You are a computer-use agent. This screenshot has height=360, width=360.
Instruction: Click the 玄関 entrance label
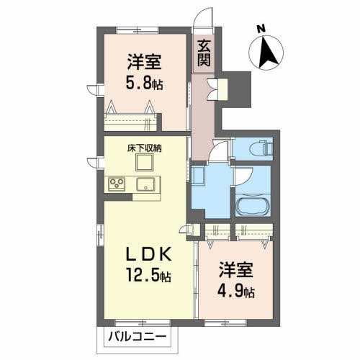204,53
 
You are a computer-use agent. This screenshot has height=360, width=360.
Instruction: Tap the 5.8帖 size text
145,84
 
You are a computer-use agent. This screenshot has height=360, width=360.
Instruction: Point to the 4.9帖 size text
236,291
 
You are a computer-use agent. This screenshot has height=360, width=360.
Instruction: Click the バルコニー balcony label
137,337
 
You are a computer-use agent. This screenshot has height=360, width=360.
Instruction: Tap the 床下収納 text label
144,148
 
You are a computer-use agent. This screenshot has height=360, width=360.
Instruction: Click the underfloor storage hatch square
144,162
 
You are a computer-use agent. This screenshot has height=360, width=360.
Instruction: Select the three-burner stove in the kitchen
117,184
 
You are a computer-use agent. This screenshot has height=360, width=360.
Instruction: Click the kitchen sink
145,184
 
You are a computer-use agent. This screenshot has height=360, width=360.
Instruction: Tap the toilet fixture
261,148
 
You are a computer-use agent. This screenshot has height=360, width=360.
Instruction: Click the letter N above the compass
261,29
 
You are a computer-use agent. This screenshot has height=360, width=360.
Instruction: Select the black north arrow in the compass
267,52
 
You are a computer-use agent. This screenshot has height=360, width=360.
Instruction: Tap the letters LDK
149,254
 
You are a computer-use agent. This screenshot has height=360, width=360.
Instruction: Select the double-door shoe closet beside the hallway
217,89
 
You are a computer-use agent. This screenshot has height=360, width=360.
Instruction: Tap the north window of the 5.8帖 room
138,30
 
